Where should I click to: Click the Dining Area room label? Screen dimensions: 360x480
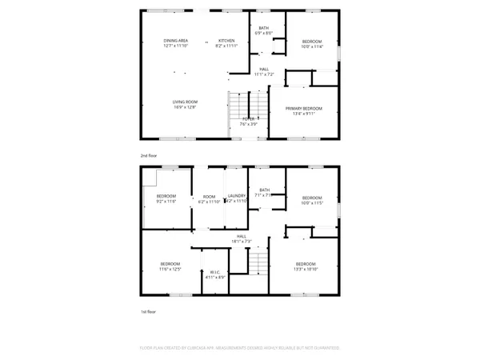176,41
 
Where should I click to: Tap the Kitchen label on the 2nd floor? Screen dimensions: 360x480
226,41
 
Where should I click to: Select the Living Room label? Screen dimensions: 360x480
186,102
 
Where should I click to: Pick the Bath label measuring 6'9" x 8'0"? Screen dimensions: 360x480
264,29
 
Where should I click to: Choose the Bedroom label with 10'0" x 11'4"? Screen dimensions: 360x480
312,42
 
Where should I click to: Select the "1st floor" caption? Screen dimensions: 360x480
147,311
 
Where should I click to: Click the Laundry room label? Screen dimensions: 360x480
236,197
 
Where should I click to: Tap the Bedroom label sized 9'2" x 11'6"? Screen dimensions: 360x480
166,197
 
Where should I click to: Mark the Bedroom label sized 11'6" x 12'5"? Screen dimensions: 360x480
170,265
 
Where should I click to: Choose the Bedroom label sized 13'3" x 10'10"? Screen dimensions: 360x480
306,265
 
